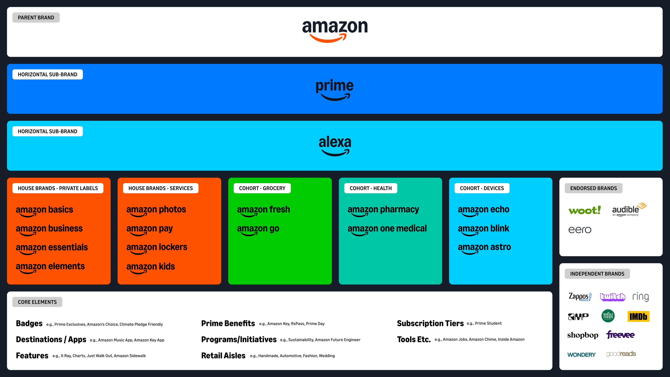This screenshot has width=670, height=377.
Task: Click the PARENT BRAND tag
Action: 36,17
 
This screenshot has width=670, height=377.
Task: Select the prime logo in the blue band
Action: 334,89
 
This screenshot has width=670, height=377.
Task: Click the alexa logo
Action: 335,145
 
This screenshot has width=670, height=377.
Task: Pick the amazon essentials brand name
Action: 52,247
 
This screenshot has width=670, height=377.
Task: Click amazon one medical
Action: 387,229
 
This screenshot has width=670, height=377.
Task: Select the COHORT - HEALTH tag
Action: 370,188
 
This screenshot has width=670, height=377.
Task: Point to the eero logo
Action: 580,230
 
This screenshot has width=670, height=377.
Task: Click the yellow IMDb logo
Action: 638,316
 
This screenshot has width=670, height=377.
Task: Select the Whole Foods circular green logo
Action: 608,316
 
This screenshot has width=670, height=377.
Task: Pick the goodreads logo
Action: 621,354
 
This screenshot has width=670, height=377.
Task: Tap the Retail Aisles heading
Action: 223,356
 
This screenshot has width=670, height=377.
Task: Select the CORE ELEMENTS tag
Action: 37,302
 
